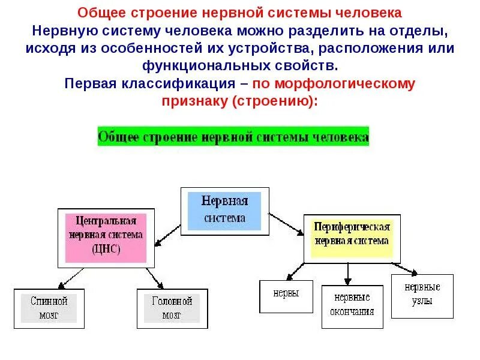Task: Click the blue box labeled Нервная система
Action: (224, 211)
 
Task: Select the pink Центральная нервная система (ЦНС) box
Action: (106, 236)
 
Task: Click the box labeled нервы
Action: (286, 295)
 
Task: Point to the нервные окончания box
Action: (352, 305)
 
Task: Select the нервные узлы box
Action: (422, 295)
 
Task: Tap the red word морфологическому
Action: (334, 84)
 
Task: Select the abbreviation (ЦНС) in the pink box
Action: (106, 249)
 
